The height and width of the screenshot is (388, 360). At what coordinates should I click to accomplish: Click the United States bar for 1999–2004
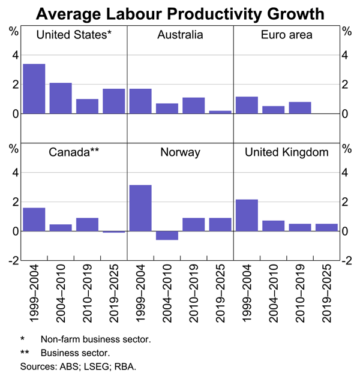coord(34,89)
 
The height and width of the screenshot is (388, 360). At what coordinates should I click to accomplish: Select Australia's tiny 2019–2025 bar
coord(220,112)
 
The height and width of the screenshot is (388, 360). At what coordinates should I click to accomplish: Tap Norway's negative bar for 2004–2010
coord(167,235)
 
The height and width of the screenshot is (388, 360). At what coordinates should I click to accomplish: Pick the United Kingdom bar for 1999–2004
coord(247,215)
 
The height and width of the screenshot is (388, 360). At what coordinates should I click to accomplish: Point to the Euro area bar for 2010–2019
coord(300,107)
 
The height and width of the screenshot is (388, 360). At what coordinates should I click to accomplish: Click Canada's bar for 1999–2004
coord(34,219)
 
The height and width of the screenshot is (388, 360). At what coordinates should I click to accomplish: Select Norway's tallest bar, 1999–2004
coord(140,208)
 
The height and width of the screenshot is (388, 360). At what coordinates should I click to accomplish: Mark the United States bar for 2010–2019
coord(87,106)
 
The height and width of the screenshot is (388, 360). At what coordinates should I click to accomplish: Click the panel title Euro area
coord(286,35)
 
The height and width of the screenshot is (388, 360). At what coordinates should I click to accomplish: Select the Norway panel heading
coord(180,152)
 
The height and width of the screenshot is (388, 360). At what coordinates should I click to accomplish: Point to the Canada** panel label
coord(74,152)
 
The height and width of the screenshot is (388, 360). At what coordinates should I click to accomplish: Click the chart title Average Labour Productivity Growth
coord(180,13)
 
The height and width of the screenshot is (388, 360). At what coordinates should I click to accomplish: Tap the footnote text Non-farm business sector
coord(95,339)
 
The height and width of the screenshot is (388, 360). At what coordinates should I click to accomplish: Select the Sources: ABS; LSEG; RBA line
coord(78,365)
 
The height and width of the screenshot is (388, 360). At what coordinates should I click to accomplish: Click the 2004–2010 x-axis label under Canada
coord(61,293)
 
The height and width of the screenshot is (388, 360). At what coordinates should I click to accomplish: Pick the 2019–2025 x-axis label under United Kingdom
coord(327,293)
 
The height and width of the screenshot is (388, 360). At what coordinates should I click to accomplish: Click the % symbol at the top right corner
coord(346,29)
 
